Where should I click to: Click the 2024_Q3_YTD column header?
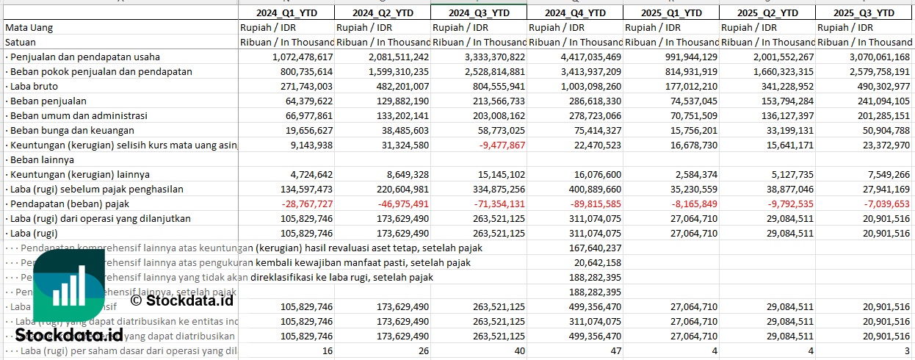[x=478, y=12]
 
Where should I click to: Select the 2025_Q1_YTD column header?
[x=670, y=12]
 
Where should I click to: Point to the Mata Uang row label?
[x=29, y=27]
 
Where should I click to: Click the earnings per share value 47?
[x=615, y=350]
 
